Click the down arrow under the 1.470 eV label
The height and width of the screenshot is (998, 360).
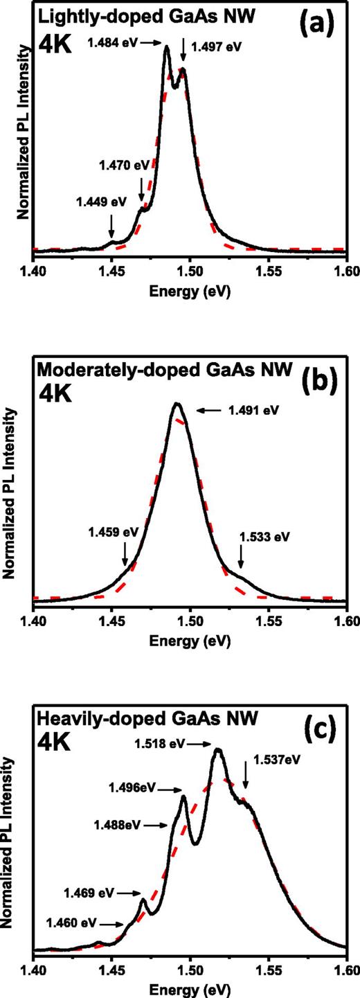click(x=142, y=188)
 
